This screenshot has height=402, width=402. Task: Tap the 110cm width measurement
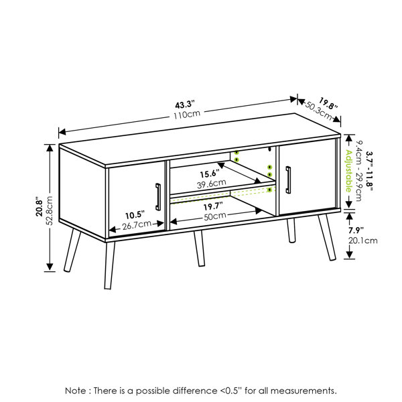(187, 115)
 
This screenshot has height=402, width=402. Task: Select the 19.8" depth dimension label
(328, 104)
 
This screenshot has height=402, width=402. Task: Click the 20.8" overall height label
(40, 206)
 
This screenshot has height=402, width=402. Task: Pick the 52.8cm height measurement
(49, 211)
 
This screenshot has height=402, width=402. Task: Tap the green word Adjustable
(348, 171)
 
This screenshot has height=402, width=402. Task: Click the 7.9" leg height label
(356, 230)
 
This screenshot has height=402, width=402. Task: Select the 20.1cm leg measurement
(362, 241)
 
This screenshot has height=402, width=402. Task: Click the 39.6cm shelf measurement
(212, 184)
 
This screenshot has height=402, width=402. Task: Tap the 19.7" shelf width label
(213, 206)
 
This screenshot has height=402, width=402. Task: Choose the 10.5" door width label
(135, 215)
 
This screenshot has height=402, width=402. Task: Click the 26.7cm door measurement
(137, 225)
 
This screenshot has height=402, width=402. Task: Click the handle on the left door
(158, 197)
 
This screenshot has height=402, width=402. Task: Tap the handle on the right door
(288, 180)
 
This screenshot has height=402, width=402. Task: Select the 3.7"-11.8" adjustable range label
(369, 172)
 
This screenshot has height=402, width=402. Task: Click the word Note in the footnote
(76, 391)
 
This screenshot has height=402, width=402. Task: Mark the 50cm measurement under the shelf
(215, 216)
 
